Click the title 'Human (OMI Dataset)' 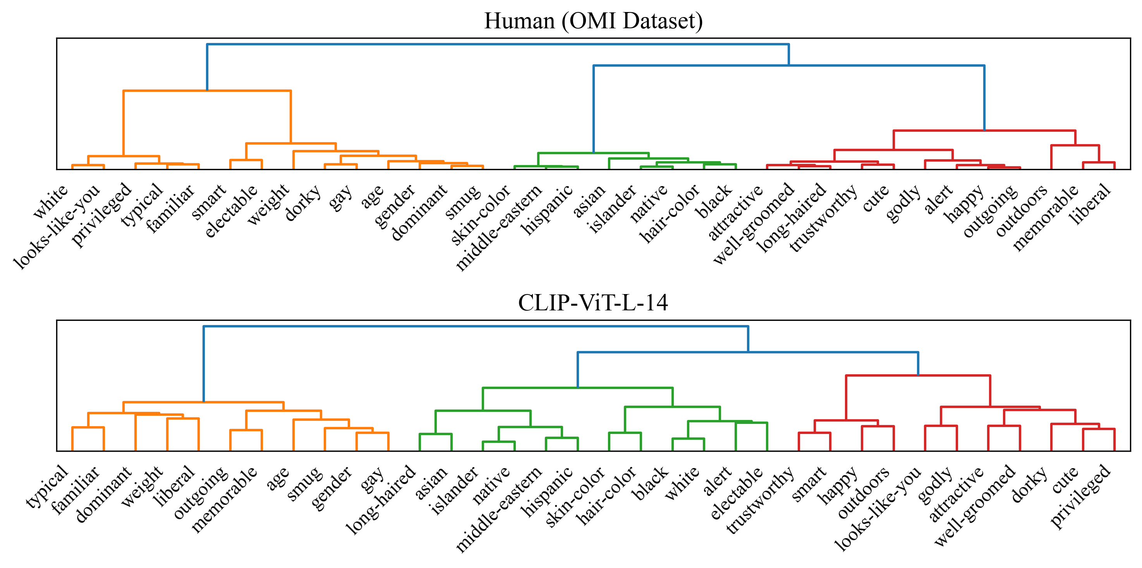[593, 21]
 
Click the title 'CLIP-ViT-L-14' [593, 303]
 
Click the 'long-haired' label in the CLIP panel [380, 499]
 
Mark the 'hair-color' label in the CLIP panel [606, 495]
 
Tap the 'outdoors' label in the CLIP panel [864, 492]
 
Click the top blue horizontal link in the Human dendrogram [497, 44]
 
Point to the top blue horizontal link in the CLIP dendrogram [476, 326]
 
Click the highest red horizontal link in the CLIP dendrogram [918, 375]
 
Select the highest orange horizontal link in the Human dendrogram [206, 91]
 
